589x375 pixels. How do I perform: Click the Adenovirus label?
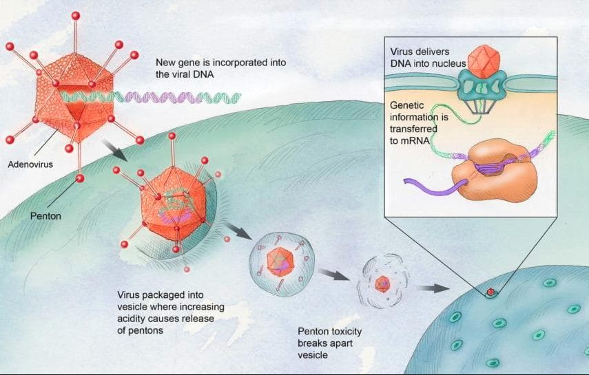pos(30,164)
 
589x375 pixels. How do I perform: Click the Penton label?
pos(45,216)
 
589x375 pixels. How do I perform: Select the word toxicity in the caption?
pos(346,332)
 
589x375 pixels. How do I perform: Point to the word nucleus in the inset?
pos(448,64)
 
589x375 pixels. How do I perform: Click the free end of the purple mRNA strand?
pos(406,181)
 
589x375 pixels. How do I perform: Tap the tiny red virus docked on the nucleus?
pos(490,292)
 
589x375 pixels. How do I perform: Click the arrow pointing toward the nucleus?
pos(433,288)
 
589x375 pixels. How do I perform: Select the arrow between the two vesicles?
pos(334,275)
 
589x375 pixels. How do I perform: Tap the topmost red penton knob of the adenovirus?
pos(76,16)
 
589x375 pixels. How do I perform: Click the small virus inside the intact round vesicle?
pos(280,261)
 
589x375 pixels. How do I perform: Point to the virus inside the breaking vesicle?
pos(383,283)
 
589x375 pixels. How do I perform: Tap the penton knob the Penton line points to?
pos(80,178)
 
